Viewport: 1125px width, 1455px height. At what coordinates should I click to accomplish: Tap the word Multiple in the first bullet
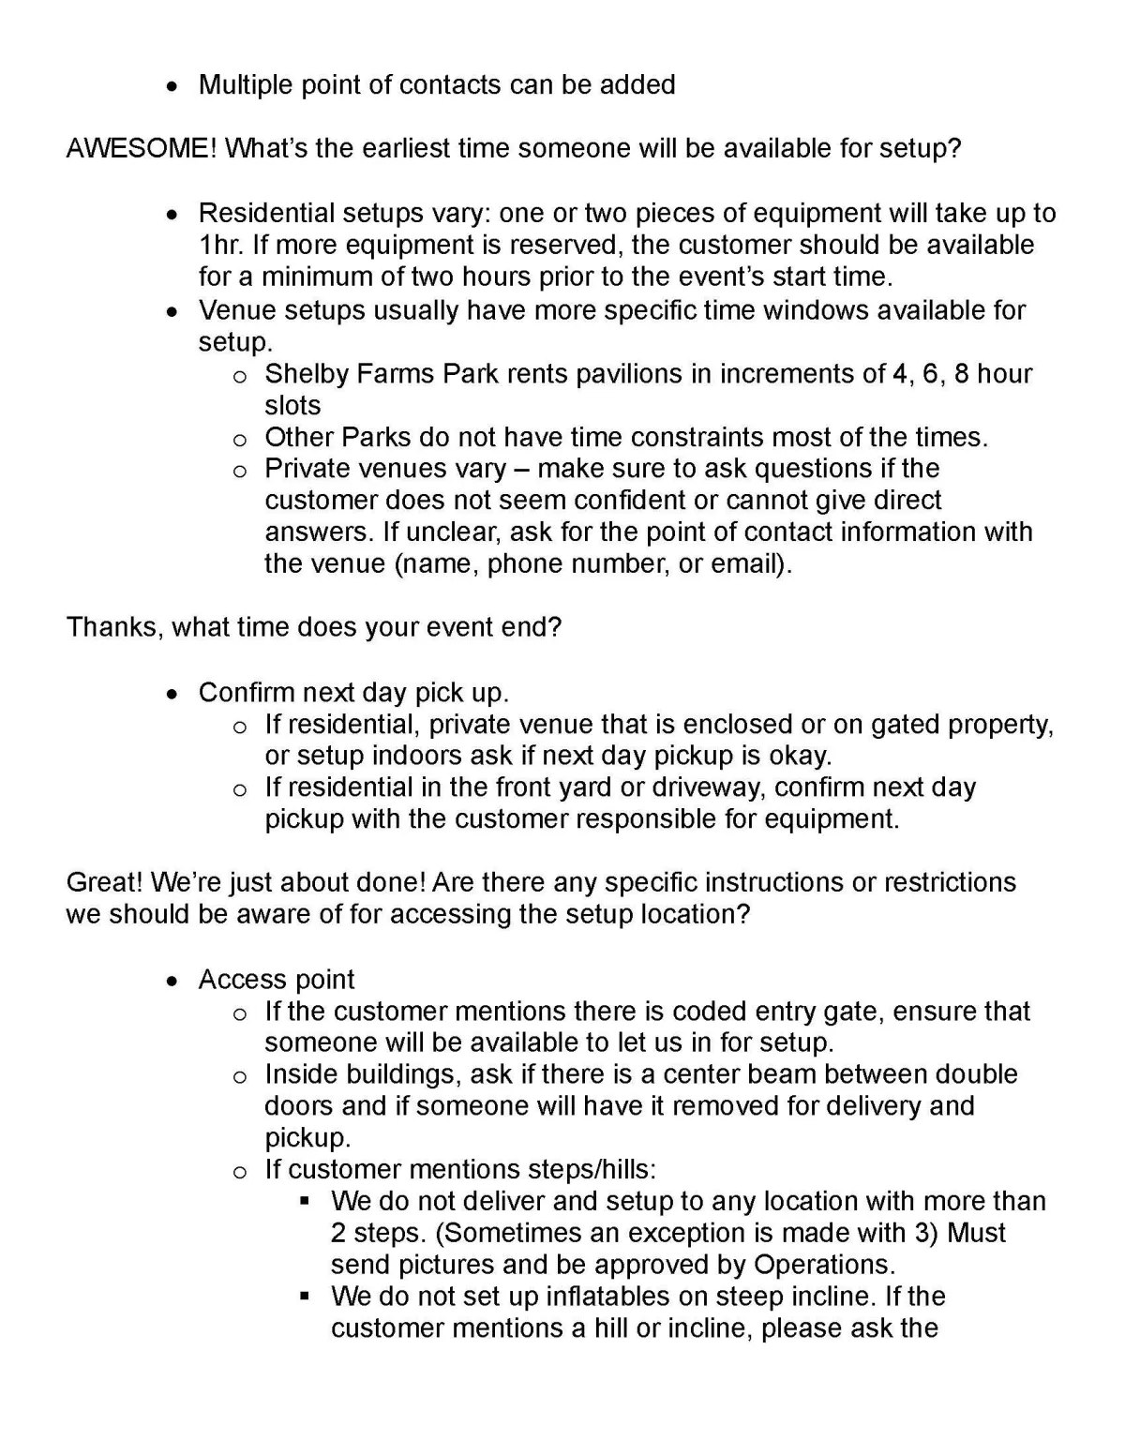[246, 85]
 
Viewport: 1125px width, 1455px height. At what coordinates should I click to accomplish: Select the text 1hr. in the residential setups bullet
[220, 246]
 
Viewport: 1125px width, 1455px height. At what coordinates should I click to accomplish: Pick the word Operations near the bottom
[822, 1265]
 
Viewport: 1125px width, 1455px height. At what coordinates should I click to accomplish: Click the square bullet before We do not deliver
[305, 1201]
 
